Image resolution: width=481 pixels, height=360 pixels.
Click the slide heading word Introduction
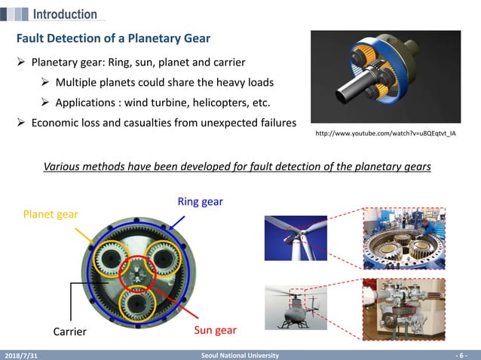(x=65, y=14)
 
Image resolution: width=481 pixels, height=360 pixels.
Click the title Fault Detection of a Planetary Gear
(x=113, y=38)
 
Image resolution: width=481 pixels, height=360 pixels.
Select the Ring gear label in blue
(x=200, y=202)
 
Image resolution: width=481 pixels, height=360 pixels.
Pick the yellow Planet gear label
(x=51, y=215)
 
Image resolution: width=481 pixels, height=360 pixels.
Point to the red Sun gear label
(x=216, y=330)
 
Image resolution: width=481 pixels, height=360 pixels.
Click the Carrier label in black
(x=70, y=331)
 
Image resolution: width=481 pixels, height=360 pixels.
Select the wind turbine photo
(x=296, y=238)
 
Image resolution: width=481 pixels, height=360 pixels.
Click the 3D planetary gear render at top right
(x=385, y=78)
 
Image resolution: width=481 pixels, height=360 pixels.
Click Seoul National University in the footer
(x=240, y=355)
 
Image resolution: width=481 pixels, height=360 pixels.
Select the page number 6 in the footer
(x=462, y=355)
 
